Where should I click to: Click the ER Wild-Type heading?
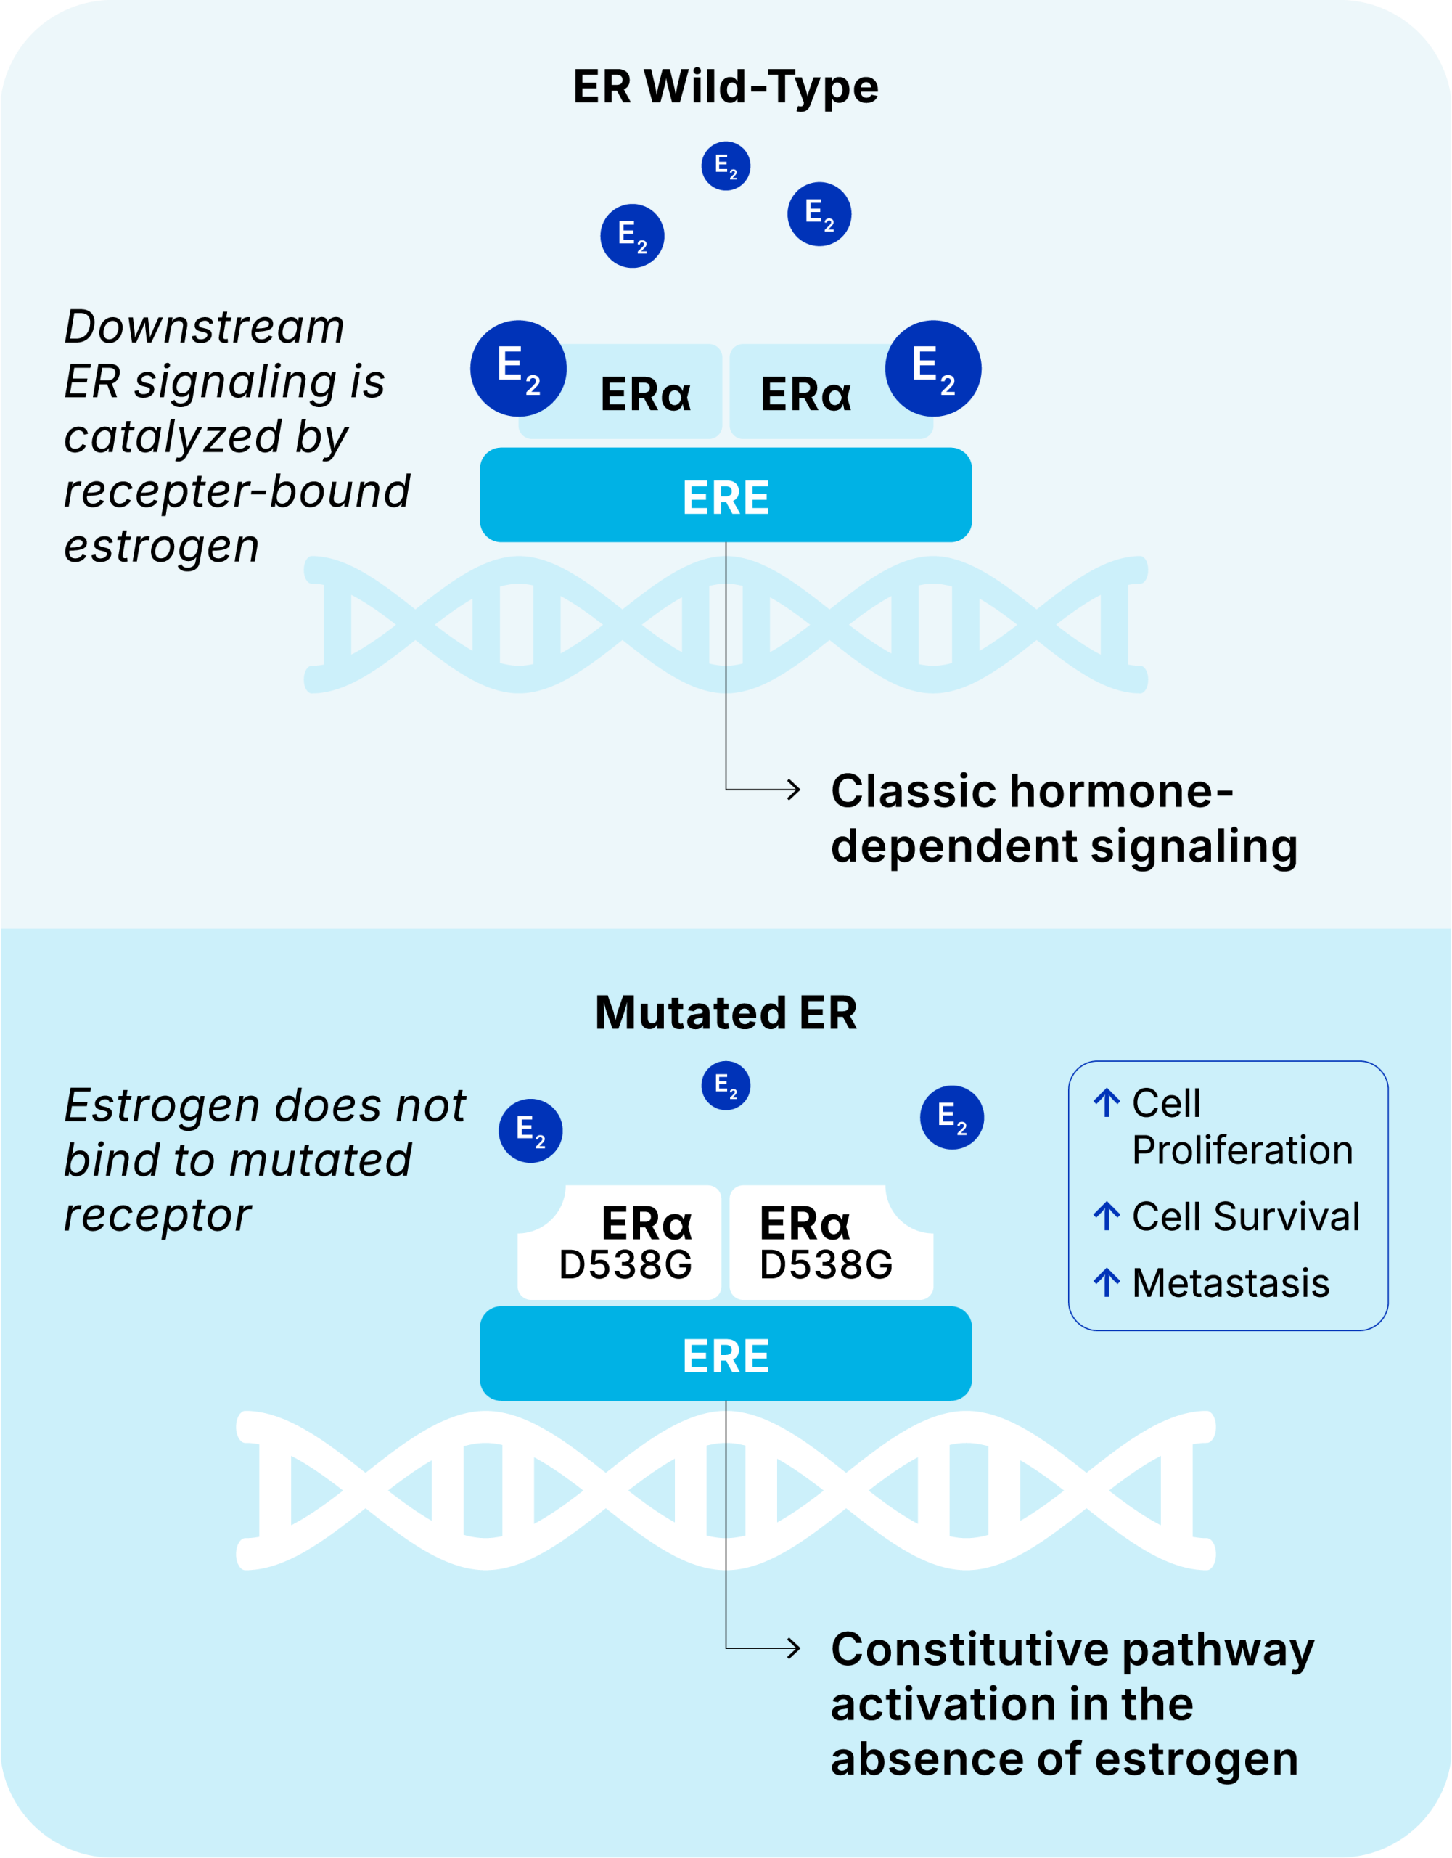(x=725, y=87)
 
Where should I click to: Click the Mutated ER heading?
(x=725, y=1013)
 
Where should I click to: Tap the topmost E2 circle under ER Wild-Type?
(x=726, y=166)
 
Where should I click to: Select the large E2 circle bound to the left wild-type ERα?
(x=518, y=369)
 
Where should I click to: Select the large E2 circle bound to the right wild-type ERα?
(x=933, y=369)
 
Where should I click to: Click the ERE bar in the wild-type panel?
(x=725, y=496)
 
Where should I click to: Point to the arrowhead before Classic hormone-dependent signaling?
(x=794, y=790)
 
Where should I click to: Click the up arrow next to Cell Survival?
(x=1106, y=1216)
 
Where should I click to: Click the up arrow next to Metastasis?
(x=1106, y=1283)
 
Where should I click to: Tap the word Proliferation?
(x=1242, y=1151)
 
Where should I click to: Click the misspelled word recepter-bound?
(x=237, y=492)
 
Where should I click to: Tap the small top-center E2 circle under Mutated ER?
(x=726, y=1086)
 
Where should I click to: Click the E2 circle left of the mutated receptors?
(x=530, y=1131)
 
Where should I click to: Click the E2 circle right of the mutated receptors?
(x=952, y=1117)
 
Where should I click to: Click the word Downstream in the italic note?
(x=204, y=327)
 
